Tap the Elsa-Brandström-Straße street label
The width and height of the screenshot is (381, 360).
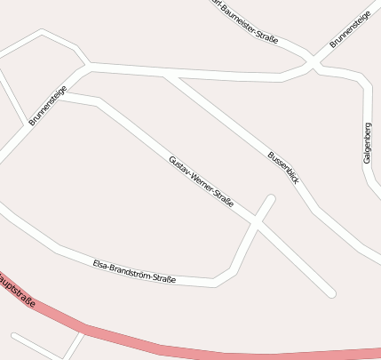pos(134,272)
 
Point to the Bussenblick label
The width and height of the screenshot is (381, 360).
pos(283,168)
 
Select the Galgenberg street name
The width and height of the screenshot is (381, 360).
pos(367,142)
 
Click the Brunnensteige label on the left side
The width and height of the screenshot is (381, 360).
pos(47,106)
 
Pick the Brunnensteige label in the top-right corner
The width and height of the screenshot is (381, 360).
pos(349,31)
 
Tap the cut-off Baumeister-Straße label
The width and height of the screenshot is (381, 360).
pos(245,20)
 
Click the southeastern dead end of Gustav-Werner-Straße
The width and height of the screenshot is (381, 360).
pos(331,292)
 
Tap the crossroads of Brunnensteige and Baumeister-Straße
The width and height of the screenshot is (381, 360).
pos(312,64)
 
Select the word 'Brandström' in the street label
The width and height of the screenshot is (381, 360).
pos(132,271)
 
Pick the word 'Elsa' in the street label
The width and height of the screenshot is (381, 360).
pos(101,264)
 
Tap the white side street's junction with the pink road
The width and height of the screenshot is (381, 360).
pos(83,330)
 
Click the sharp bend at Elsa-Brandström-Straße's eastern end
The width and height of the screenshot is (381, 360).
pos(216,283)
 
